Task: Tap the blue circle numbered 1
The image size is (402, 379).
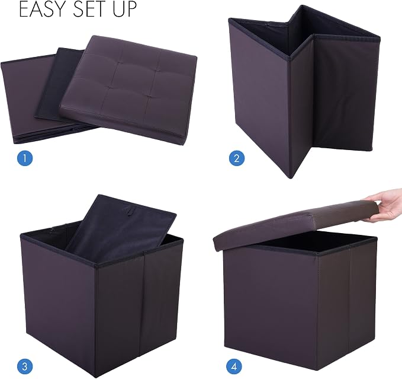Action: [x=25, y=158]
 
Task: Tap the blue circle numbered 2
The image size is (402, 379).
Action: [x=237, y=158]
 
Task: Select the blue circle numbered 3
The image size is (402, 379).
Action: [x=25, y=366]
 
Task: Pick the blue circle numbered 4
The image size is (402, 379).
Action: [x=234, y=366]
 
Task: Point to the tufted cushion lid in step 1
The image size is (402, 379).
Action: [x=128, y=90]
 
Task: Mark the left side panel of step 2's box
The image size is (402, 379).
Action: [x=259, y=98]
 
